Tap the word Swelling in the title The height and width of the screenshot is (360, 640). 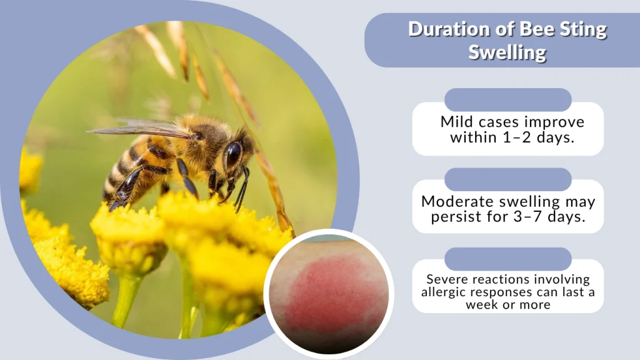pos(507,52)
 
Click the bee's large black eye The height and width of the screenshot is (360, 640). pos(233,154)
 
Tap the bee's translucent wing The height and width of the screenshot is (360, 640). pos(141,130)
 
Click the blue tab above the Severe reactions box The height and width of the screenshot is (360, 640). pos(507,259)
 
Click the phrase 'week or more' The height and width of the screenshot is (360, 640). pos(507,304)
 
